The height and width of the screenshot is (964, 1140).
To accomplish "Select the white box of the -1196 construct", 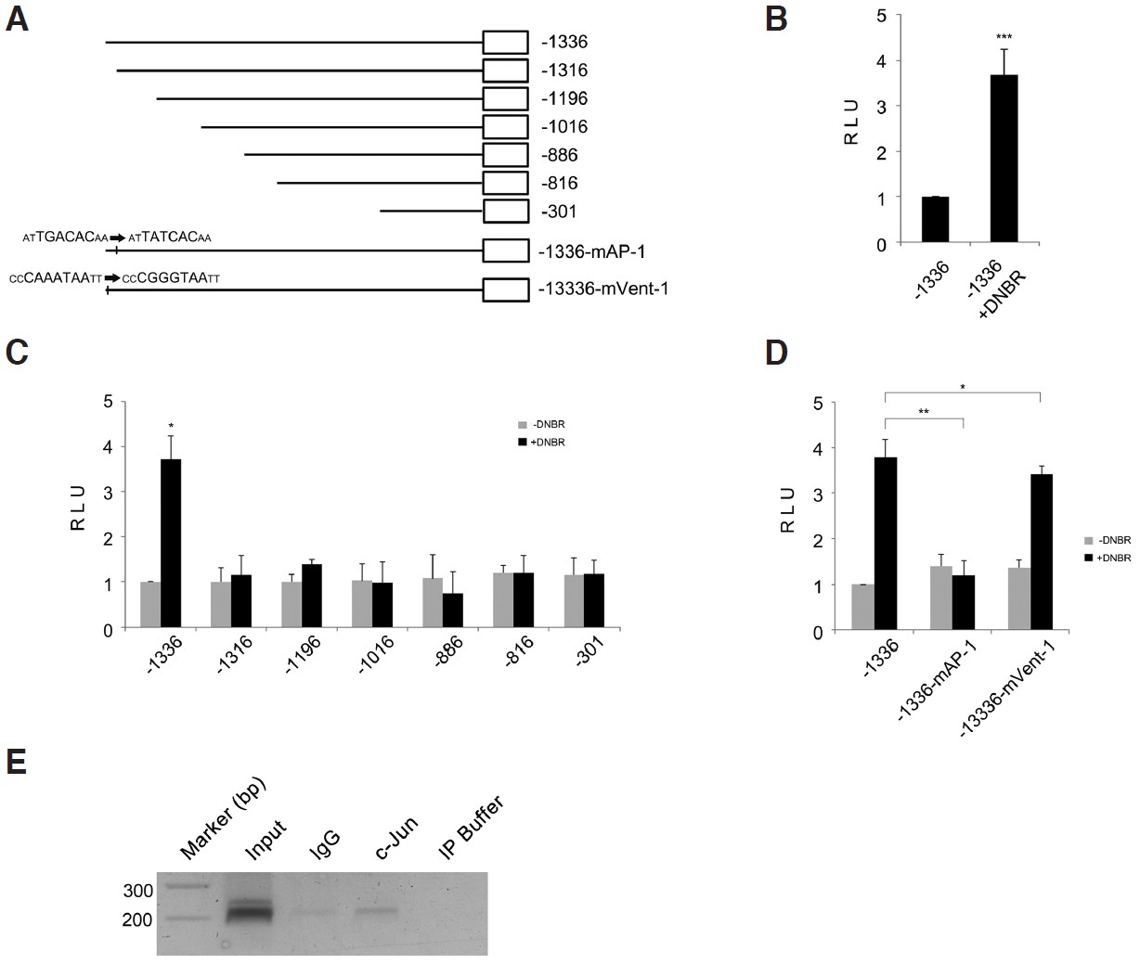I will point(505,98).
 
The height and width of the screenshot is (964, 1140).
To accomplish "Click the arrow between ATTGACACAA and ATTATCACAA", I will point(118,238).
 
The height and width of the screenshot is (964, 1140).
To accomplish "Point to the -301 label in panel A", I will point(559,212).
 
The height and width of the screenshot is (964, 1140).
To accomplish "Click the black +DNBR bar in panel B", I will point(1004,159).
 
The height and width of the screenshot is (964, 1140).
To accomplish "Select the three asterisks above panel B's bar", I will point(1004,38).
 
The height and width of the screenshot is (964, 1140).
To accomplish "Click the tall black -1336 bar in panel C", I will point(171,544).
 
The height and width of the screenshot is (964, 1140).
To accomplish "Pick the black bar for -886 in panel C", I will point(452,611).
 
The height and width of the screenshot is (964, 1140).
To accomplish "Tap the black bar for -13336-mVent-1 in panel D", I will point(1042,553).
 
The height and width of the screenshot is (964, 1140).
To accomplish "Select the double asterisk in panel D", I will point(924,411).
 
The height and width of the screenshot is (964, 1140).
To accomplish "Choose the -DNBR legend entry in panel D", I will point(1108,540).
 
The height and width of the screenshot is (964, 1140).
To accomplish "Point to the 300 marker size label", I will point(137,891).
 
